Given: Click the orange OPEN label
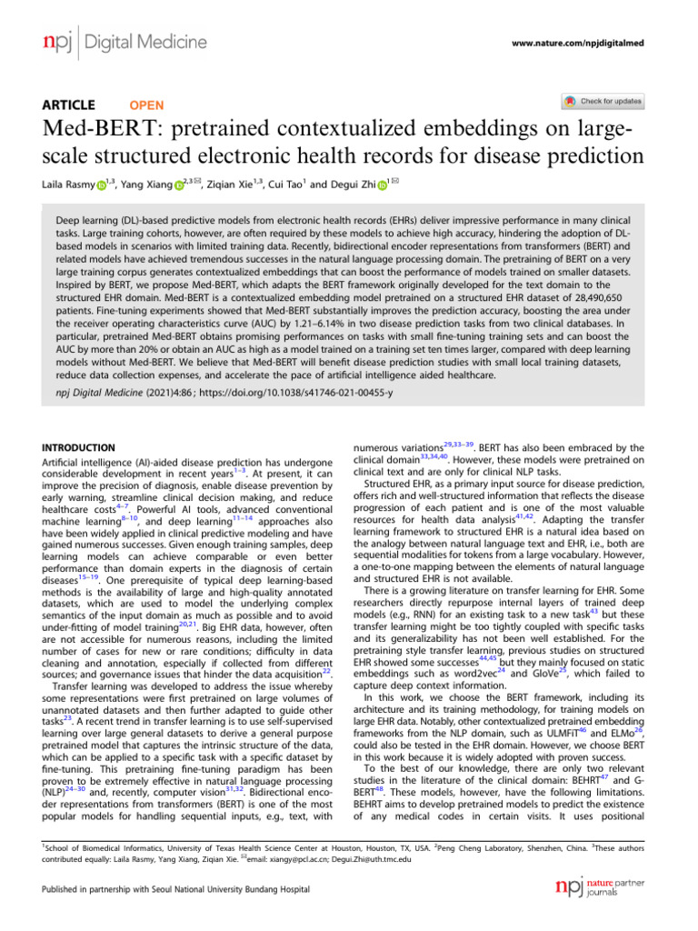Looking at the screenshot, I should pos(147,105).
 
